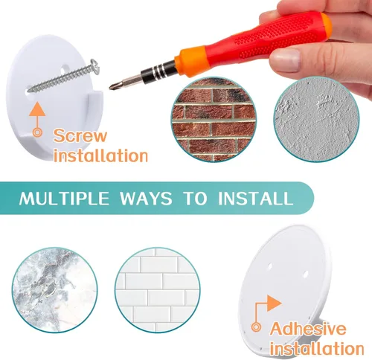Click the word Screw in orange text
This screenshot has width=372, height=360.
(x=80, y=135)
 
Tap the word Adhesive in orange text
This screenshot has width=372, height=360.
(x=308, y=329)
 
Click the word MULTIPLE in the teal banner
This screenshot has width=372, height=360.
(x=64, y=198)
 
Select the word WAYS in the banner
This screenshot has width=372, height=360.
(x=146, y=198)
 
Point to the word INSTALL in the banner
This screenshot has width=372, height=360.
(x=256, y=198)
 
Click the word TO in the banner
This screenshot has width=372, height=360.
(x=195, y=198)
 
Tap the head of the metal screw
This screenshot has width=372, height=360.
(x=95, y=66)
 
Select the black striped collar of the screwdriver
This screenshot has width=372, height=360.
(x=158, y=71)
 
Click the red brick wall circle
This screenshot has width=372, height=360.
(x=214, y=119)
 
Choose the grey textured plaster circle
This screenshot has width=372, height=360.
(x=316, y=119)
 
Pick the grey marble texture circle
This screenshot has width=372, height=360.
(x=55, y=290)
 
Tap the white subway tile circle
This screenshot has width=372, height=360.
(x=158, y=290)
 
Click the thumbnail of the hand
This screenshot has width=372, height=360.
(x=285, y=60)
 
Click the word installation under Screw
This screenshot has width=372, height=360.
(x=100, y=155)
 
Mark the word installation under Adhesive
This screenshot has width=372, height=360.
(x=317, y=348)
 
